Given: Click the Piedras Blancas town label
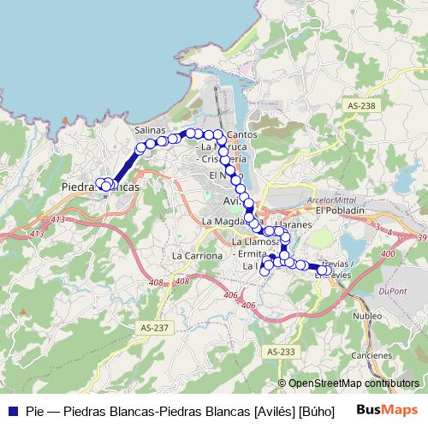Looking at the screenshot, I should (100, 185).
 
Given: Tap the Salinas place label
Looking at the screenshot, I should (150, 129).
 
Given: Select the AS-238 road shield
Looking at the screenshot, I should (362, 105).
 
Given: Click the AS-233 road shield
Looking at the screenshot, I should (280, 352).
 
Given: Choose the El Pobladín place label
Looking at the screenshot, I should (340, 211).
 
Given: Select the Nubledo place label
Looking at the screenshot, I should (367, 314).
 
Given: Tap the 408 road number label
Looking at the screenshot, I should (181, 281).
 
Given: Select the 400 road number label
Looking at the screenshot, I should (388, 254).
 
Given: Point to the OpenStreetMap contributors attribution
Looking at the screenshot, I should (348, 383).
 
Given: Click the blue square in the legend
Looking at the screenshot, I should (13, 411).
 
